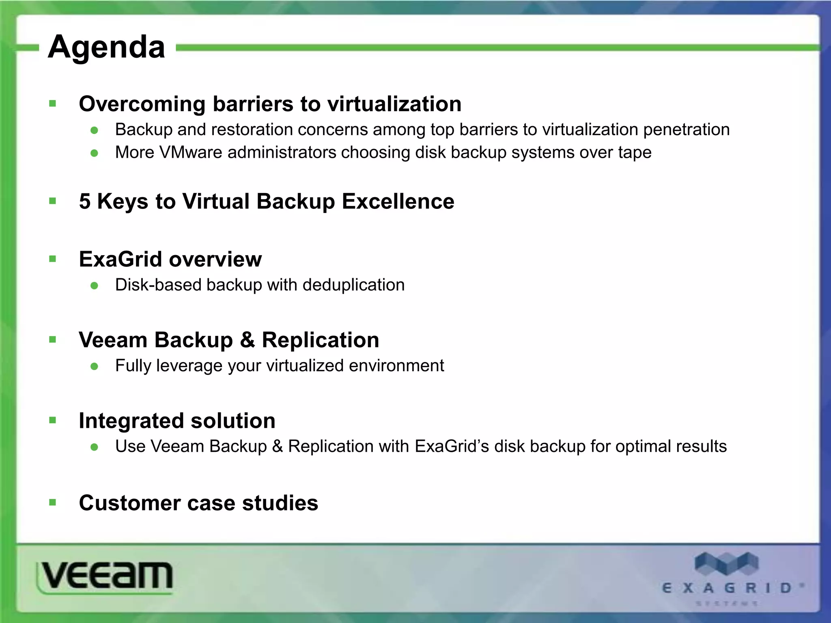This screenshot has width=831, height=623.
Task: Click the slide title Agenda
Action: click(106, 47)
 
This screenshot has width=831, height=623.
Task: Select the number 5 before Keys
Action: click(85, 201)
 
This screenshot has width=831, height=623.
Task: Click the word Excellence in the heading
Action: click(398, 201)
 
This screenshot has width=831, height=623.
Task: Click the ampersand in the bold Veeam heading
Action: click(247, 340)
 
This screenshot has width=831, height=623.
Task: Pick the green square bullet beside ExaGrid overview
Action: click(52, 259)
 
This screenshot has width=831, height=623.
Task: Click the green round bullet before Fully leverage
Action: click(95, 366)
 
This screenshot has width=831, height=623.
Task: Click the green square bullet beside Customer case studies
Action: click(52, 503)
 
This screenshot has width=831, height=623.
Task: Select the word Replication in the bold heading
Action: click(320, 340)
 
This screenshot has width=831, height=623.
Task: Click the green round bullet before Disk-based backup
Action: click(95, 286)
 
